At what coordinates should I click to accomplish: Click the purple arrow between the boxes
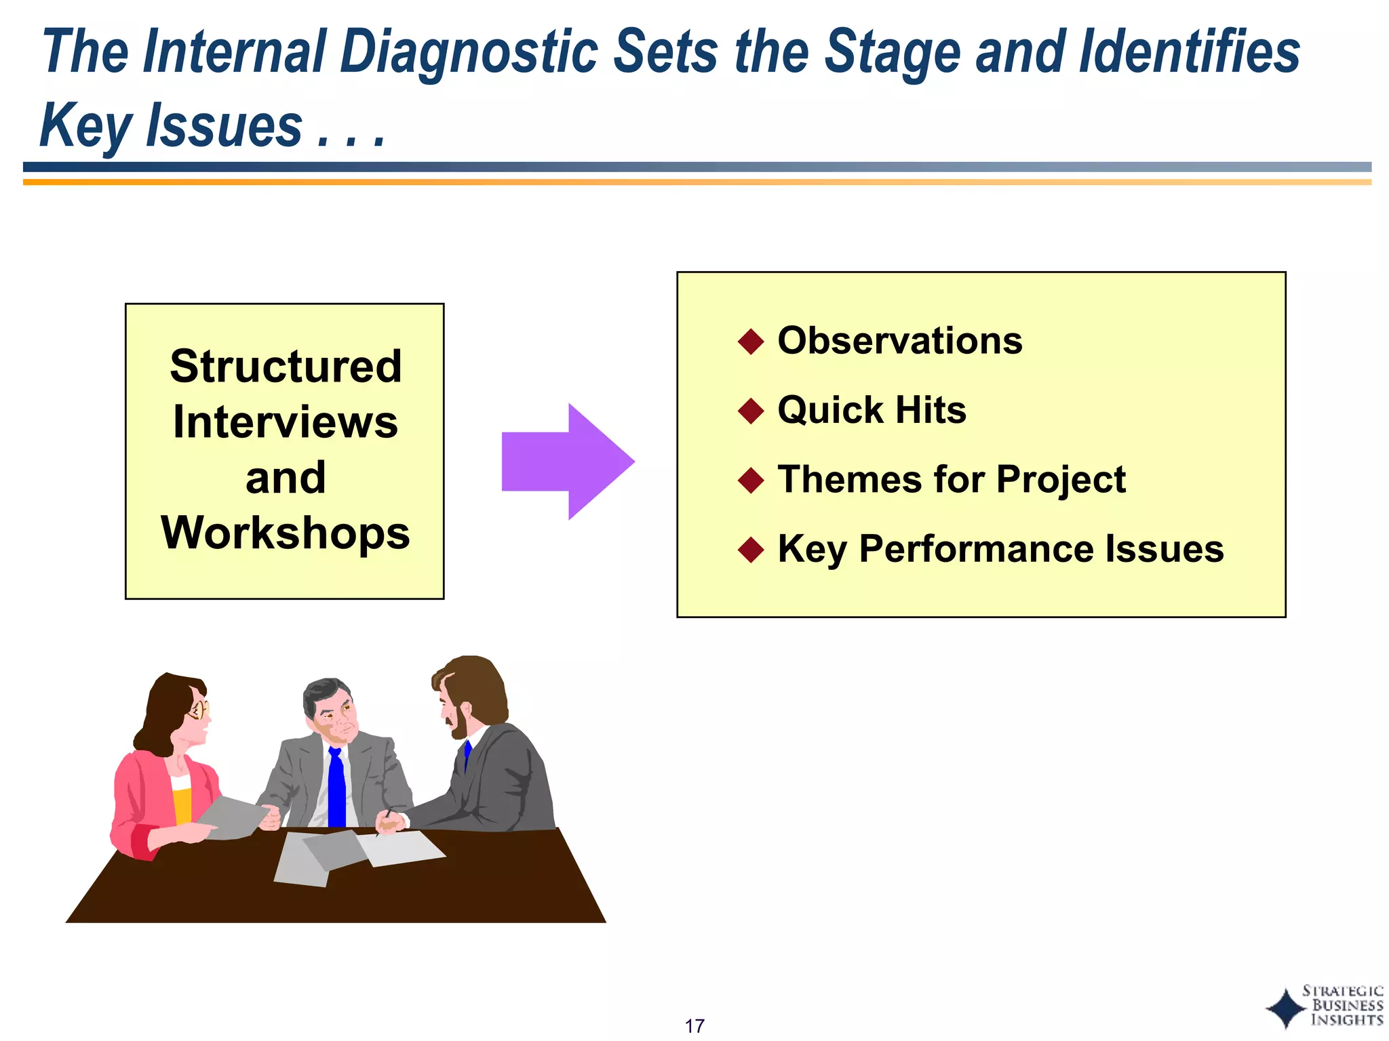(x=566, y=462)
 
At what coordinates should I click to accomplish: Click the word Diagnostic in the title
(x=469, y=52)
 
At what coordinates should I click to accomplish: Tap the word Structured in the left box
(x=286, y=367)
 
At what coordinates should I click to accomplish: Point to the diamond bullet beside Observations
(x=751, y=342)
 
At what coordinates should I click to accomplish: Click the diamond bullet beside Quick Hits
(x=751, y=411)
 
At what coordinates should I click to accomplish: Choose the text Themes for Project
(x=951, y=480)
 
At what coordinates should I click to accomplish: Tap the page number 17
(x=694, y=1025)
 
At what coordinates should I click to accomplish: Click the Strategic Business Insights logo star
(x=1285, y=1008)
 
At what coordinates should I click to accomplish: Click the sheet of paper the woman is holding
(x=231, y=817)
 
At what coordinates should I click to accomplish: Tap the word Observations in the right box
(x=899, y=341)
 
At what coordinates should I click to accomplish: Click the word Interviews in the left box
(x=286, y=422)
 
